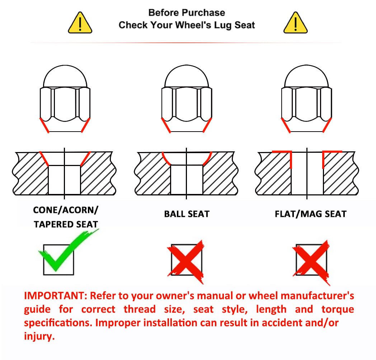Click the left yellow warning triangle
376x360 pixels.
coord(80,23)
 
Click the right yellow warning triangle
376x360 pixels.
coord(295,23)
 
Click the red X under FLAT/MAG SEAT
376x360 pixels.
coord(311,262)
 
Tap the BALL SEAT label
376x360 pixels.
coord(187,214)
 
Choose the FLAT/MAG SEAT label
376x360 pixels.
coord(311,214)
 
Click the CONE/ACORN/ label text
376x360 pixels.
coord(66,210)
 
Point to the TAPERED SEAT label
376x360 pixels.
coord(66,224)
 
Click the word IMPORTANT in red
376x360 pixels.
coord(54,296)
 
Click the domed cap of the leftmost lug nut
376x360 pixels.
coord(65,76)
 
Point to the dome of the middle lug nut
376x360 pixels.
coord(187,76)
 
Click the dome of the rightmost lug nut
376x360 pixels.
coord(306,76)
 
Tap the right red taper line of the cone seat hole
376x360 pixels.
coord(85,159)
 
